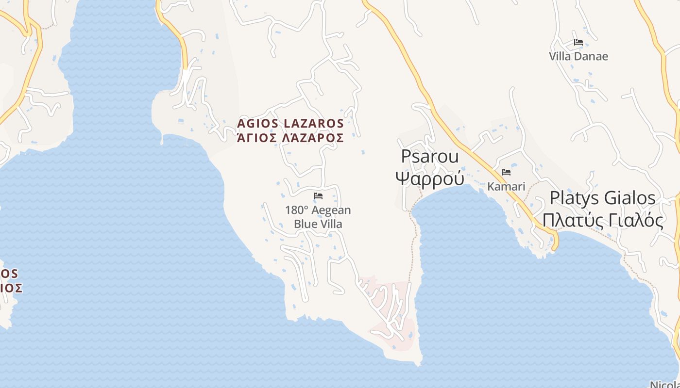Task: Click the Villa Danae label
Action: click(x=578, y=56)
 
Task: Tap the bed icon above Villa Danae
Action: click(x=578, y=42)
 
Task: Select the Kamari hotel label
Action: click(x=506, y=186)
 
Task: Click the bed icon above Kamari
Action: click(x=506, y=172)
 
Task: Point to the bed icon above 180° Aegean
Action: click(x=318, y=196)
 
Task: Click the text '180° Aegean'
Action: click(x=318, y=210)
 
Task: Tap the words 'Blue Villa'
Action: click(x=318, y=224)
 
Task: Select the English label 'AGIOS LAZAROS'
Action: click(x=290, y=123)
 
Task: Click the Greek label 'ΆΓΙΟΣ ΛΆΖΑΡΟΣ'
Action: click(x=290, y=138)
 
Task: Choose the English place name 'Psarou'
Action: click(x=430, y=157)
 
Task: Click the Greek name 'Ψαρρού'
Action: click(x=430, y=178)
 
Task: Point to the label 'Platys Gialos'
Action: click(x=602, y=198)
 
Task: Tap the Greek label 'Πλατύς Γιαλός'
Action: click(x=602, y=220)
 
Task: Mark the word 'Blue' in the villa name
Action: click(x=305, y=224)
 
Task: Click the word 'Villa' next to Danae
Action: click(x=560, y=56)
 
